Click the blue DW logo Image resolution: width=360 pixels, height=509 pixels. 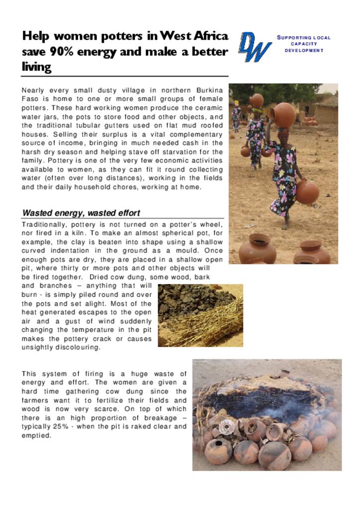pos(255,47)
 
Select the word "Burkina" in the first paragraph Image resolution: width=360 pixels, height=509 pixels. pos(209,90)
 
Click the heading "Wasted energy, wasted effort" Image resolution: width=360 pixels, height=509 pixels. pos(81,213)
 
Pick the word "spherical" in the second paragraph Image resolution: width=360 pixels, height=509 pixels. pos(158,233)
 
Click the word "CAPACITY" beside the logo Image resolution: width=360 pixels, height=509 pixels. pos(304,44)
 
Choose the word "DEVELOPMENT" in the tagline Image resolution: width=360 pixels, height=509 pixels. pos(304,50)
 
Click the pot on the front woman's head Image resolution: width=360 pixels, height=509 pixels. pos(284,115)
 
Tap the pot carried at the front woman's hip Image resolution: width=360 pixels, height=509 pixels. pos(307,192)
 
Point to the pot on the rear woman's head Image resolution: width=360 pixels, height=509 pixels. pos(257,100)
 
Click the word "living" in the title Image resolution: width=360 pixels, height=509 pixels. pos(36,67)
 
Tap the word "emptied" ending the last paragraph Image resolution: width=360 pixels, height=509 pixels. pos(36,436)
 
